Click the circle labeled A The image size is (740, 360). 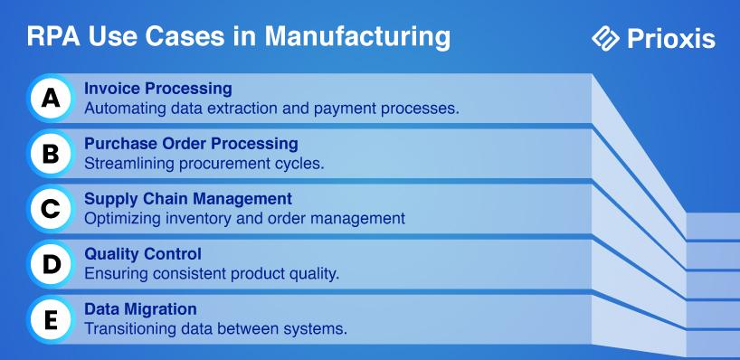pyautogui.click(x=51, y=98)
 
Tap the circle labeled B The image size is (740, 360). pyautogui.click(x=51, y=154)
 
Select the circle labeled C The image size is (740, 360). pyautogui.click(x=51, y=209)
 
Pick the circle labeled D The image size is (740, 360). pyautogui.click(x=51, y=265)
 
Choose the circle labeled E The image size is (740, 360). pyautogui.click(x=51, y=320)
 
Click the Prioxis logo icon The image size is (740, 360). pyautogui.click(x=605, y=38)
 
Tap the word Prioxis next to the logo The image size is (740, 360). pyautogui.click(x=671, y=39)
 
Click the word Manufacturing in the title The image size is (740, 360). pyautogui.click(x=357, y=37)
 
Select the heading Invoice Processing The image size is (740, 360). pyautogui.click(x=158, y=89)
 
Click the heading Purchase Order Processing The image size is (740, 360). pyautogui.click(x=191, y=144)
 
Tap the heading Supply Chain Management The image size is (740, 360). pyautogui.click(x=188, y=199)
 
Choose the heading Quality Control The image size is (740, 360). pyautogui.click(x=143, y=254)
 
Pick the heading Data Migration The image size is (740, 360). pyautogui.click(x=140, y=309)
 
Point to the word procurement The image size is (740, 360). pyautogui.click(x=222, y=165)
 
